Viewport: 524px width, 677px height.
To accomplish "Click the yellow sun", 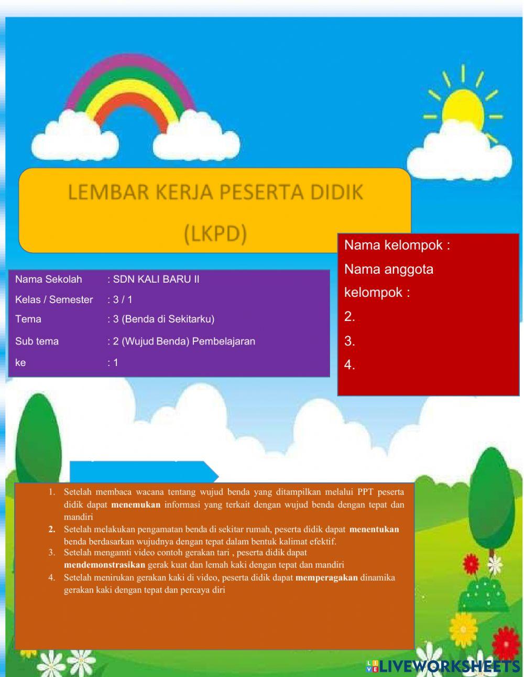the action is [463, 108].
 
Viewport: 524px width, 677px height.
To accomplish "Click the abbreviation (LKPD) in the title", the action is [215, 234].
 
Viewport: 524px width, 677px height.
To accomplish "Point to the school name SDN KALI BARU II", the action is [156, 279].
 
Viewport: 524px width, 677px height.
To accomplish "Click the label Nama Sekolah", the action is [48, 279].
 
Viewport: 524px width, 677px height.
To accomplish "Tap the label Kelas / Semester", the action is [54, 299].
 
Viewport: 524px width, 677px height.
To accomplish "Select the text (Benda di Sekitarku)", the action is [168, 319].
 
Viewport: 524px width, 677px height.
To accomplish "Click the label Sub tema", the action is [37, 341].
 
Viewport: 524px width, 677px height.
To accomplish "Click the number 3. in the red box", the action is [350, 341].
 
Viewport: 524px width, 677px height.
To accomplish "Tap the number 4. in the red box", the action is [350, 365].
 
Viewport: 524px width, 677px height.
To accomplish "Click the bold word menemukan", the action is [136, 505].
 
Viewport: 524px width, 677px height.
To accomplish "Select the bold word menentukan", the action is [374, 529].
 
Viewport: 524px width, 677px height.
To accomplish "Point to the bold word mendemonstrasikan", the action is [104, 565].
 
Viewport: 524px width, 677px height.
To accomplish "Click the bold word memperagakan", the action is [326, 577].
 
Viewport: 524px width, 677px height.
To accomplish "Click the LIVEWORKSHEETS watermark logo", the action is [443, 666].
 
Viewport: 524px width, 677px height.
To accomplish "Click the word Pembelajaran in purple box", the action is [224, 341].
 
